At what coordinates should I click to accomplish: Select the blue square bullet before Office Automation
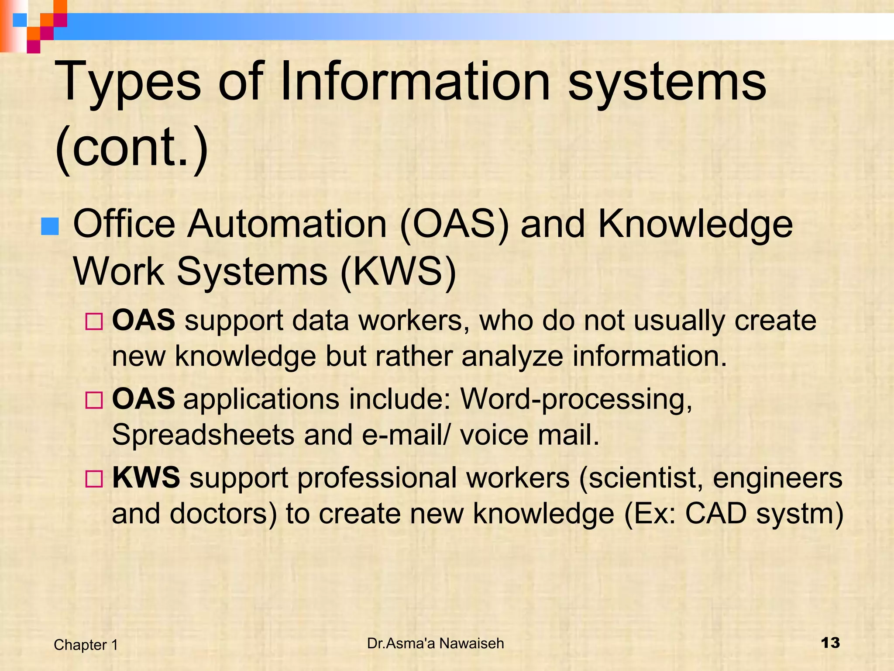coord(50,226)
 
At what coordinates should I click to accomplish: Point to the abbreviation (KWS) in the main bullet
coord(398,272)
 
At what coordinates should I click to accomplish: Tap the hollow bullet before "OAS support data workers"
coord(94,322)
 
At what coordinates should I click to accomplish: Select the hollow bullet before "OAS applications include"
coord(94,400)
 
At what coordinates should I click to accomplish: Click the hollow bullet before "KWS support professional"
coord(94,479)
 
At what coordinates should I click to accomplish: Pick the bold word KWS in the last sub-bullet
coord(146,477)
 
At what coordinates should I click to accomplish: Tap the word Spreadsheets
coord(203,435)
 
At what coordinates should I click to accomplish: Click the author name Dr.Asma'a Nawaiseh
coord(436,643)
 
